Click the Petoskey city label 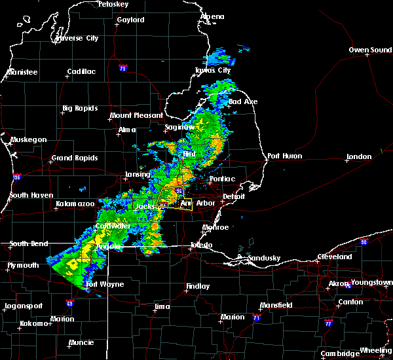113,4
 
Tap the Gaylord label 130,20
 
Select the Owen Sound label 370,50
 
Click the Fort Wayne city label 101,284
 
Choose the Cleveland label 335,257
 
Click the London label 359,157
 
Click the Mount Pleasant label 136,115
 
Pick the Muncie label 81,342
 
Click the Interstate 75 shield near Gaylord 122,67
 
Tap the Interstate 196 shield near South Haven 16,177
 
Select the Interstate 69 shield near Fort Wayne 69,303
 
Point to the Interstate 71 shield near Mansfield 256,317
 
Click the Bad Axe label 242,102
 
